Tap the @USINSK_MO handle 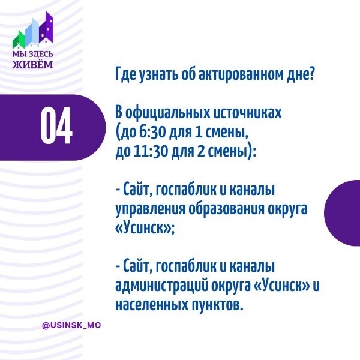coord(71,325)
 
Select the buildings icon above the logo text coord(34,31)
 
